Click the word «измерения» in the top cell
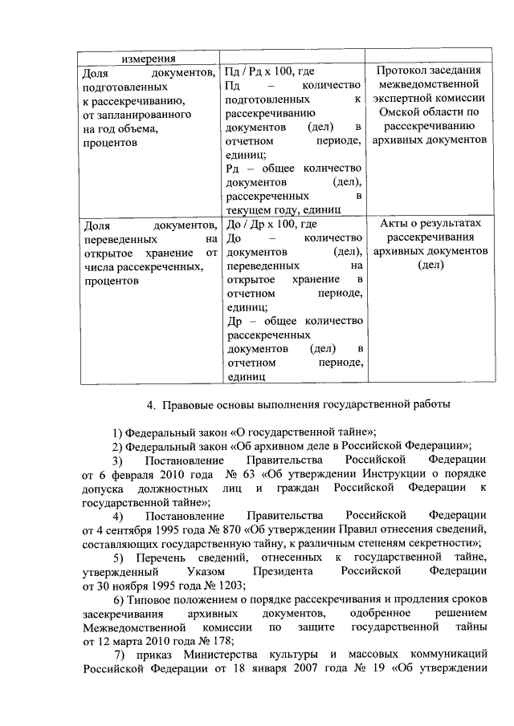pyautogui.click(x=149, y=59)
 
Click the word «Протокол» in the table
pyautogui.click(x=409, y=72)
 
